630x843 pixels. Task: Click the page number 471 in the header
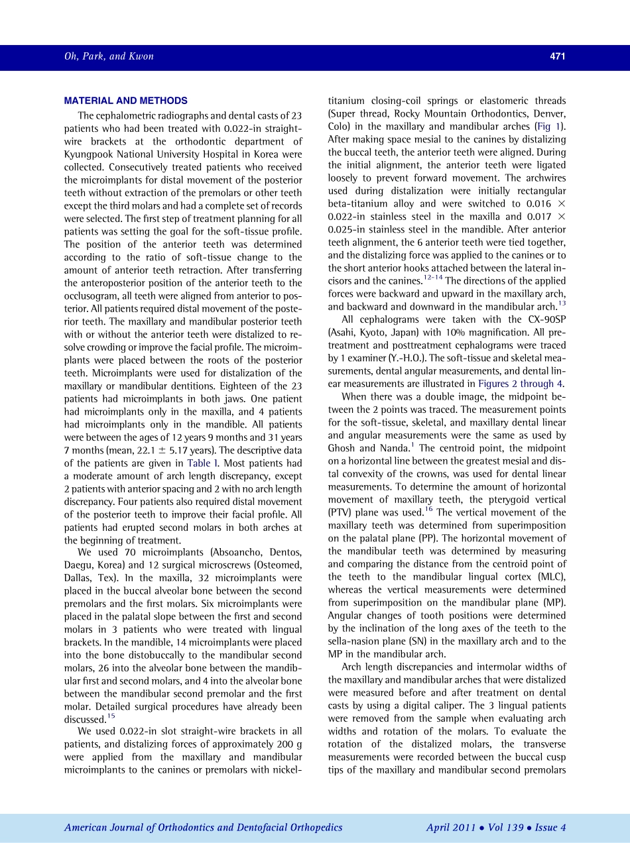557,56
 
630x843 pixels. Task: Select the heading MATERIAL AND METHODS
125,101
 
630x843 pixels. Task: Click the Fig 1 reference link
554,127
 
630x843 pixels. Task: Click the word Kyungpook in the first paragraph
94,154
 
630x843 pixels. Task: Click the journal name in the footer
203,828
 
